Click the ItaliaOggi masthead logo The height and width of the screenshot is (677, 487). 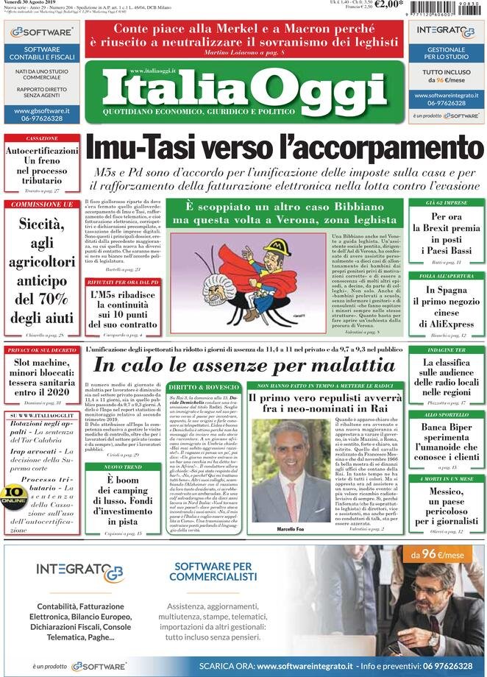click(x=244, y=91)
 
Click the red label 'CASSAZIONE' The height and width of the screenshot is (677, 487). click(x=42, y=138)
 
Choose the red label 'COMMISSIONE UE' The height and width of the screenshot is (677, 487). click(x=42, y=204)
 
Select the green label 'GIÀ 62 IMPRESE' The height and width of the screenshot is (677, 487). click(x=446, y=202)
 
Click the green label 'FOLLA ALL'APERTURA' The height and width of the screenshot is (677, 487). click(x=446, y=276)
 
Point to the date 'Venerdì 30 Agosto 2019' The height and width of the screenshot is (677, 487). click(x=26, y=3)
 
